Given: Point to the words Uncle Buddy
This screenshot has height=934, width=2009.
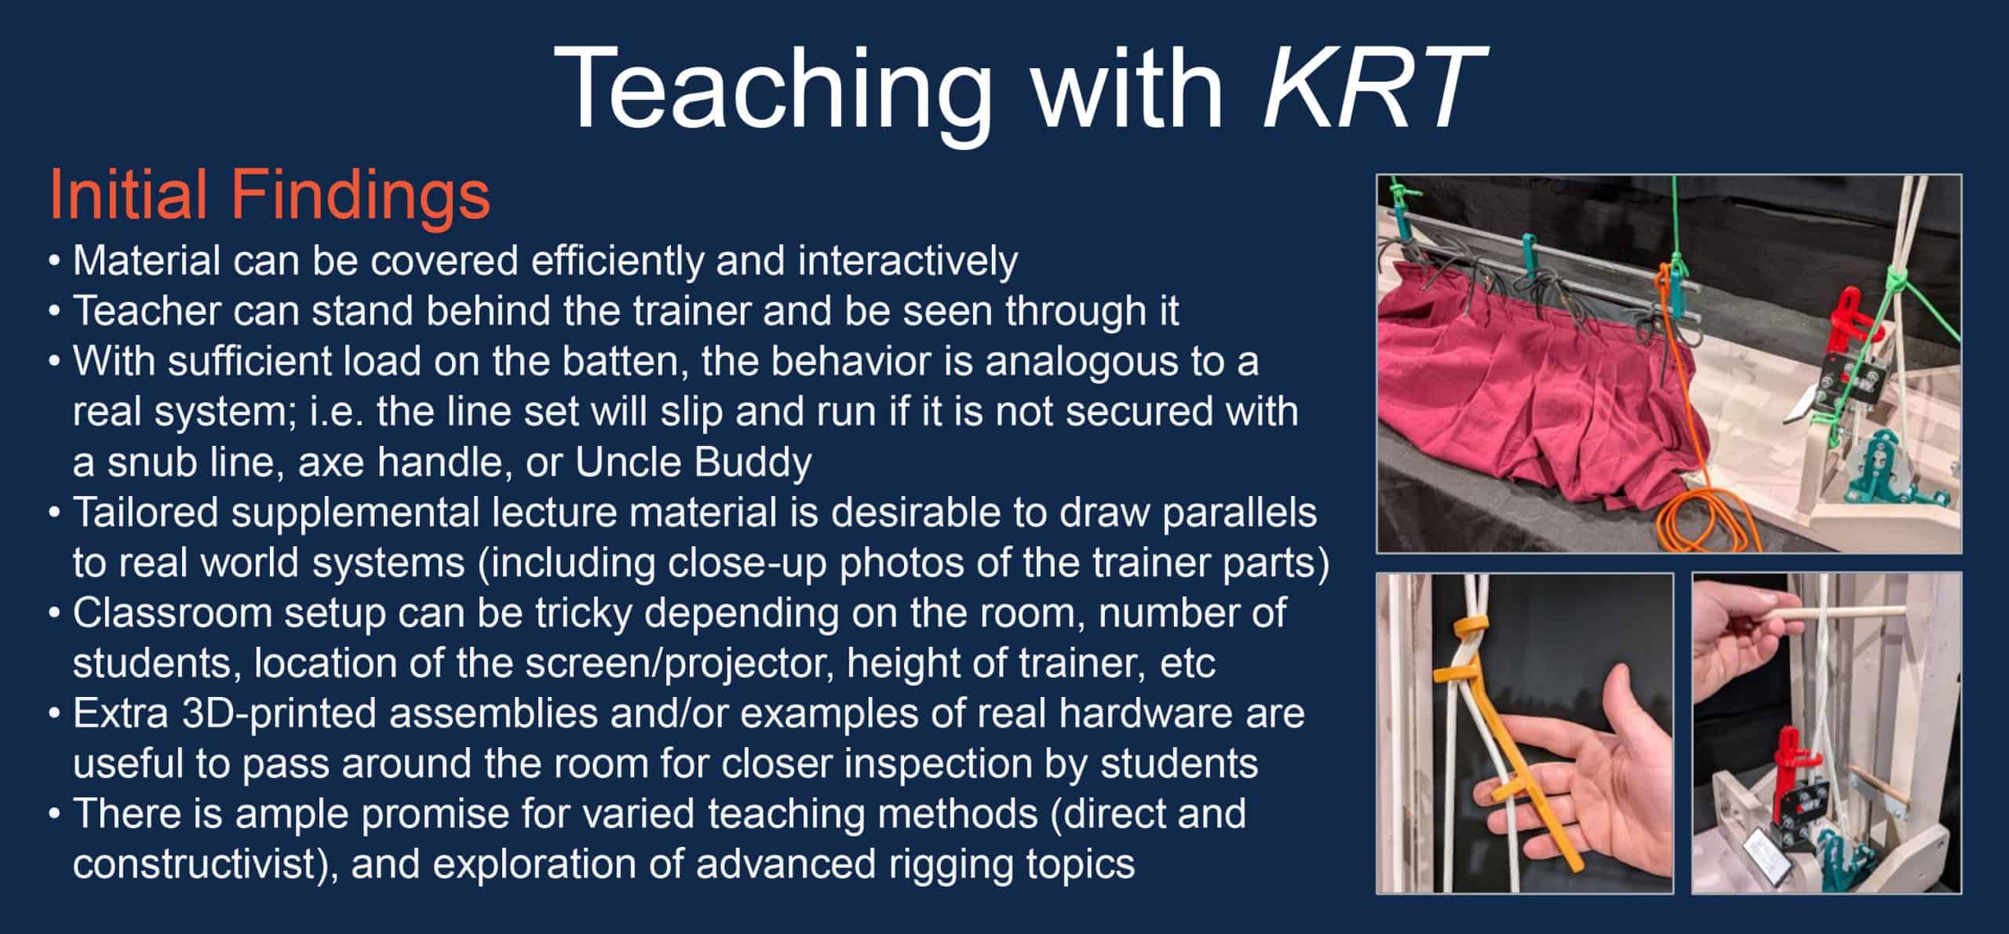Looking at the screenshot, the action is (x=694, y=462).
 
